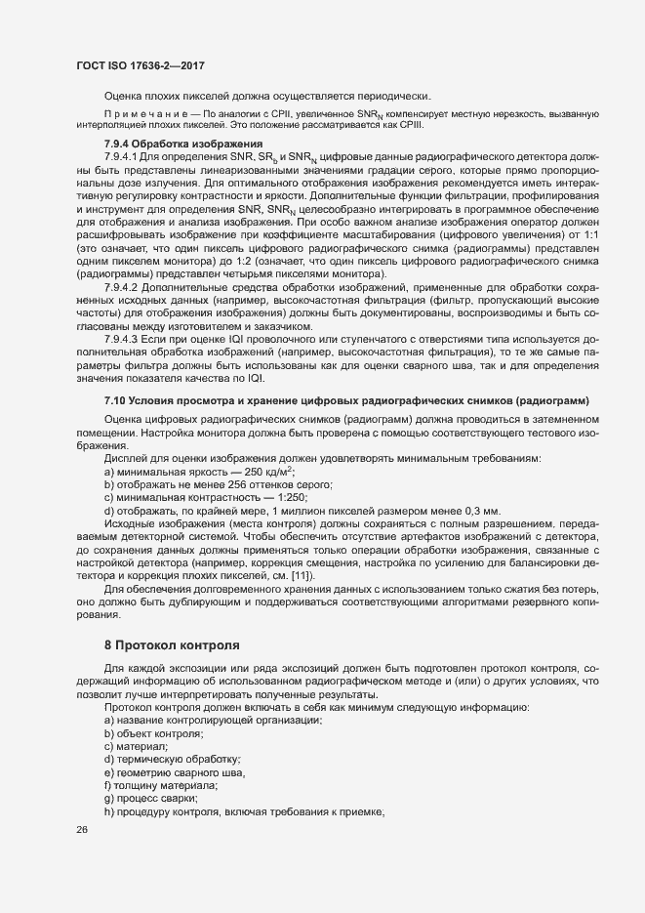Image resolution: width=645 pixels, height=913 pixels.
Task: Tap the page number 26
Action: [82, 830]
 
